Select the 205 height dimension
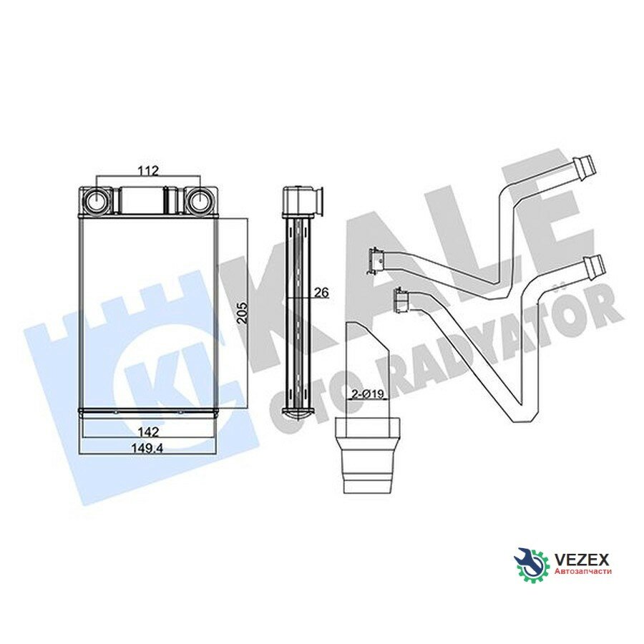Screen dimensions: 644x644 click(x=243, y=313)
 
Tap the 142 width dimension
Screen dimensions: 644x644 click(x=148, y=432)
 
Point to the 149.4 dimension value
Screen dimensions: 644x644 click(x=148, y=449)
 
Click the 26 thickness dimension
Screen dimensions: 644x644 click(x=321, y=293)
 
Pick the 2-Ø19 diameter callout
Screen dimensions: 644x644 click(x=368, y=394)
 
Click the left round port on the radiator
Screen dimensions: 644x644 click(x=97, y=201)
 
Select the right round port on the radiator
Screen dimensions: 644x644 click(x=200, y=201)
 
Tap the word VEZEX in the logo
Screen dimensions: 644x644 click(x=582, y=559)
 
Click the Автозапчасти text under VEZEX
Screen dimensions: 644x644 click(x=582, y=571)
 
